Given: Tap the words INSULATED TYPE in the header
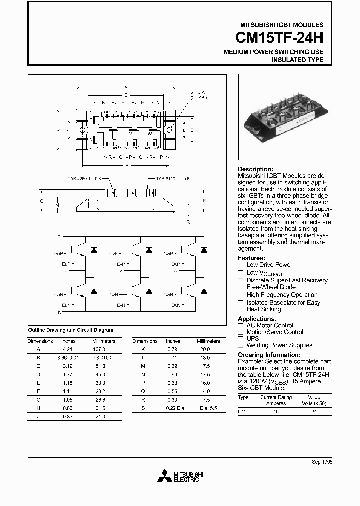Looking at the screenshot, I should tap(297, 60).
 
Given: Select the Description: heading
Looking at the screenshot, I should tap(255, 169).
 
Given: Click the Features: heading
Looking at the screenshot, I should tap(251, 258).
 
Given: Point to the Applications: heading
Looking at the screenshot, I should tap(257, 319).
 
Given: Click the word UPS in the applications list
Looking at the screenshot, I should tap(253, 338).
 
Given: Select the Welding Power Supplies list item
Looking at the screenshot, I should tap(279, 345).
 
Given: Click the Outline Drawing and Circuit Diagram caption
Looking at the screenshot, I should tap(70, 330).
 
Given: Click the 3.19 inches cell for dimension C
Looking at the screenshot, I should tap(68, 366).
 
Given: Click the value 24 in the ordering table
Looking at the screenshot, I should tap(314, 412).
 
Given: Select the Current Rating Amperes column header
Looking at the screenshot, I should tap(275, 400).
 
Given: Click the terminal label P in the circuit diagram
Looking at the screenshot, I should tap(59, 236).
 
